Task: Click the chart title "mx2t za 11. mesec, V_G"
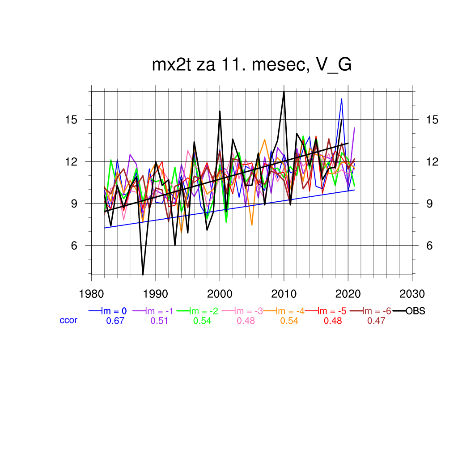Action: [252, 65]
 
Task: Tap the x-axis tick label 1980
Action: [92, 294]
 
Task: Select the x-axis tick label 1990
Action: [156, 294]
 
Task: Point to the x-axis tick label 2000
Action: [220, 294]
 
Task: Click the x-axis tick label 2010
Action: [284, 294]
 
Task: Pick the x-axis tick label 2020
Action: [348, 294]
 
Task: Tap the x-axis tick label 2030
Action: [412, 294]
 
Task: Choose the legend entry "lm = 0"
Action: [114, 311]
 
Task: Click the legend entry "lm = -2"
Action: [204, 311]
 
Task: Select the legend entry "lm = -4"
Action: [291, 311]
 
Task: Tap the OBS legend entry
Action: [415, 311]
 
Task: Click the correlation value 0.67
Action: [114, 321]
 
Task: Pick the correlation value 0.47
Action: [376, 321]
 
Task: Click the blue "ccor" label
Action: [68, 320]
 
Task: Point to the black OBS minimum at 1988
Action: [143, 274]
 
